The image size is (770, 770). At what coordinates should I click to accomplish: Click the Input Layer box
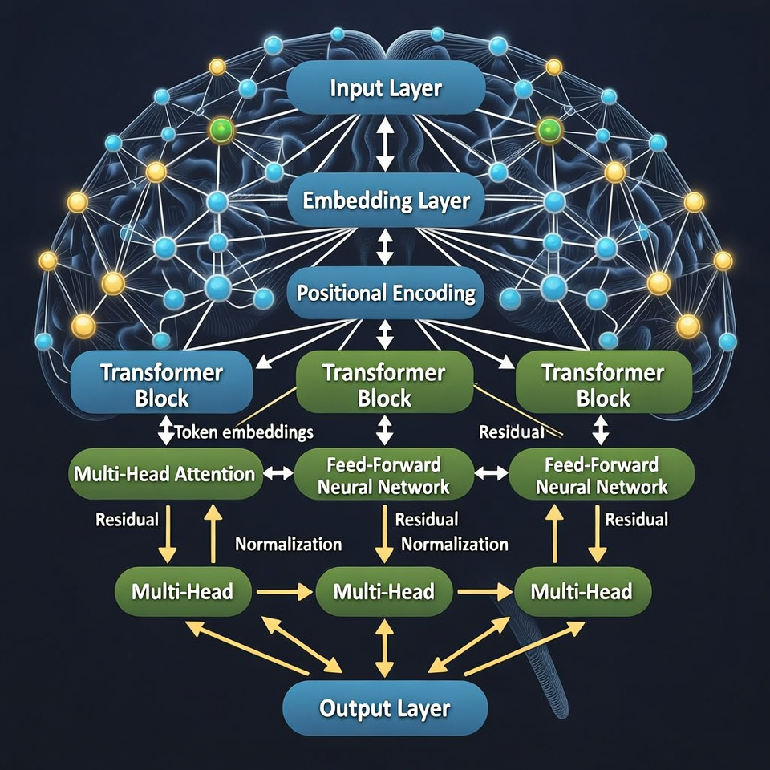click(x=385, y=87)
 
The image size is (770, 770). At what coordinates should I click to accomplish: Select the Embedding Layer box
click(x=385, y=200)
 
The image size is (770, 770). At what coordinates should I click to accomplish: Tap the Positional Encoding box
click(x=385, y=293)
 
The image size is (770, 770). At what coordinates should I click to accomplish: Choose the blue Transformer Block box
click(x=162, y=385)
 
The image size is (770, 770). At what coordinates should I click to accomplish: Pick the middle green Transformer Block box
click(x=383, y=385)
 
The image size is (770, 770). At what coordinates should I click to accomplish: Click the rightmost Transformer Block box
click(x=602, y=385)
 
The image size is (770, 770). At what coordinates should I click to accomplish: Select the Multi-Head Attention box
click(x=164, y=474)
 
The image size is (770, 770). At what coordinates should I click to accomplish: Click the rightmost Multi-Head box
click(x=582, y=592)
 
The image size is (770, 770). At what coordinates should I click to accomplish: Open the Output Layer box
click(x=385, y=708)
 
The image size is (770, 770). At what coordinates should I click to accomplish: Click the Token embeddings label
click(x=243, y=432)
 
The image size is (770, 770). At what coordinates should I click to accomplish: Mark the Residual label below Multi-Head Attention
click(x=127, y=519)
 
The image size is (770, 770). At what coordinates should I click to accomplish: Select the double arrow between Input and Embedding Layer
click(x=385, y=144)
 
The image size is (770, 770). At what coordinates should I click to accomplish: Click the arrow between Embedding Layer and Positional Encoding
click(x=385, y=247)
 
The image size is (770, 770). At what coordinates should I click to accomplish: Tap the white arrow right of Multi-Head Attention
click(x=278, y=474)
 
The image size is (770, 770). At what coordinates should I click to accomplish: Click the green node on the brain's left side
click(x=220, y=129)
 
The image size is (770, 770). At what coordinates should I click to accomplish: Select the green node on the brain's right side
click(x=549, y=129)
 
